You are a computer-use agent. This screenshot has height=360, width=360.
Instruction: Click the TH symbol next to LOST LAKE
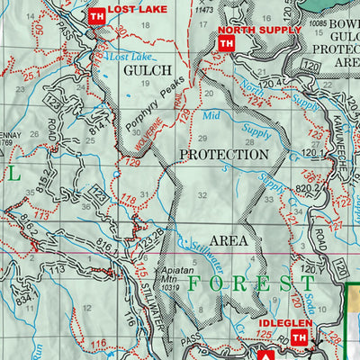tap(96, 14)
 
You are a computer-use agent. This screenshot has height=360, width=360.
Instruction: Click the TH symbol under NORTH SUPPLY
tap(229, 43)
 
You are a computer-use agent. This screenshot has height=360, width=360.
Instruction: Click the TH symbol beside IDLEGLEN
tap(300, 337)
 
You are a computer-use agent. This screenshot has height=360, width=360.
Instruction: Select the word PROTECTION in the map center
tap(223, 154)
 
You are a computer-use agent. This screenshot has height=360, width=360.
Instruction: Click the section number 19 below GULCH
tap(144, 85)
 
